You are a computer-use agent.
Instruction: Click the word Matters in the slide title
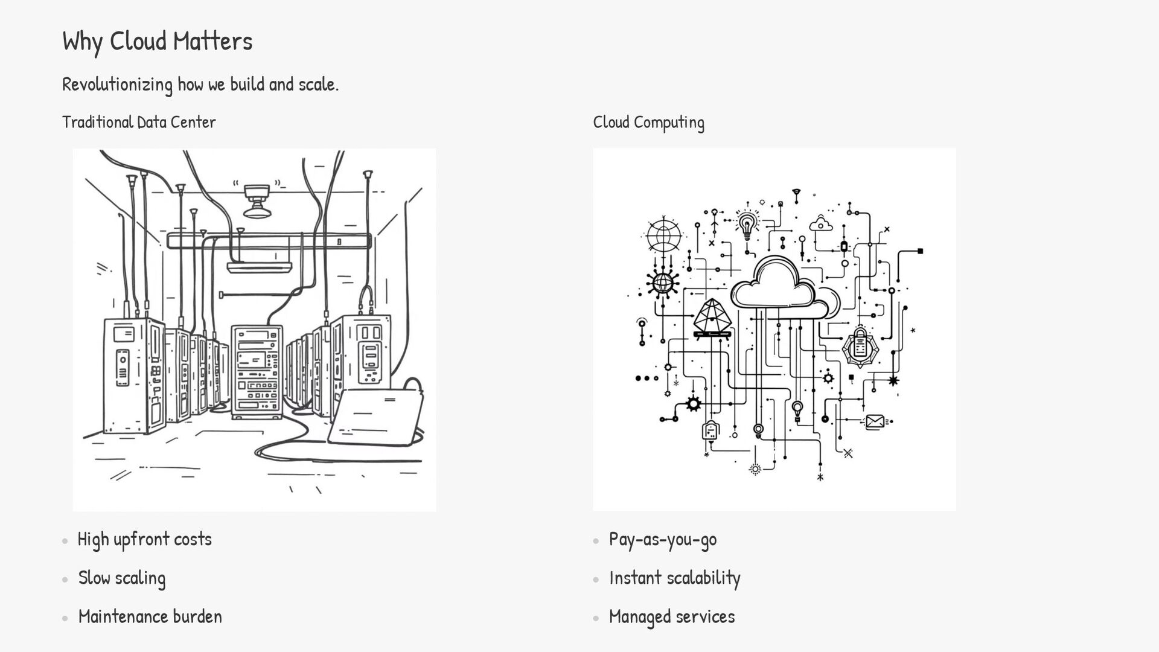212,41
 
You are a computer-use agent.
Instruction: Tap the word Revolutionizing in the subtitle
117,84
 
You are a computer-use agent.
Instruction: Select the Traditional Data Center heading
139,122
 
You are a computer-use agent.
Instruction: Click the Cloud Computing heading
648,122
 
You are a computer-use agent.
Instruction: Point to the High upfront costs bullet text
145,539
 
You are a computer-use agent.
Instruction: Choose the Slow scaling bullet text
122,578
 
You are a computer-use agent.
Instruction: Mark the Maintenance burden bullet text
150,616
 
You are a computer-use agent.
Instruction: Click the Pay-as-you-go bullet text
663,539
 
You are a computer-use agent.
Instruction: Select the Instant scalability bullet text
674,578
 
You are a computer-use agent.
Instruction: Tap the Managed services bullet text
672,616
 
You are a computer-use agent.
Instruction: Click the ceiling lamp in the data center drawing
257,201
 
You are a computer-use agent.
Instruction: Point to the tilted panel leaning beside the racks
375,417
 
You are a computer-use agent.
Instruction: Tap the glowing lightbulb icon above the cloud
747,223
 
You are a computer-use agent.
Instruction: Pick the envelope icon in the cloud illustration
875,421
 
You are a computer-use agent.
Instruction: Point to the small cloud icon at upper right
821,224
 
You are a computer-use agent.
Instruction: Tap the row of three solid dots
647,379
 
